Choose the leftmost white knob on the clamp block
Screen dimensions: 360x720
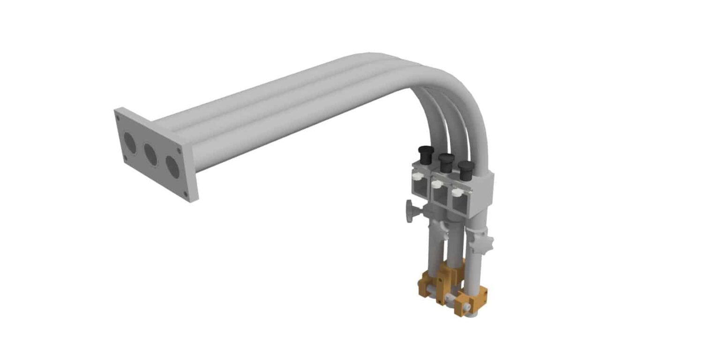pyautogui.click(x=417, y=176)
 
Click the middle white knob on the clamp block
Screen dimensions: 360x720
pyautogui.click(x=436, y=184)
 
